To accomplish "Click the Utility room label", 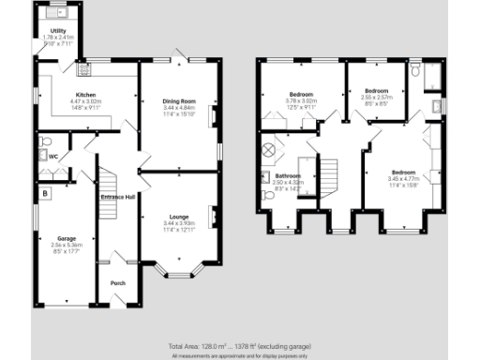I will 58,30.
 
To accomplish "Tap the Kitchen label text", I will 86,95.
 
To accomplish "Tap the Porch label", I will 118,283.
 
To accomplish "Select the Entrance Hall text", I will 119,197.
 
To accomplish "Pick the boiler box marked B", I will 44,193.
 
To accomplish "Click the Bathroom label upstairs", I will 288,176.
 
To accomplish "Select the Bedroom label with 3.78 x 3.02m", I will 301,95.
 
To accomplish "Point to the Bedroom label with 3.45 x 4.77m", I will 403,172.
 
